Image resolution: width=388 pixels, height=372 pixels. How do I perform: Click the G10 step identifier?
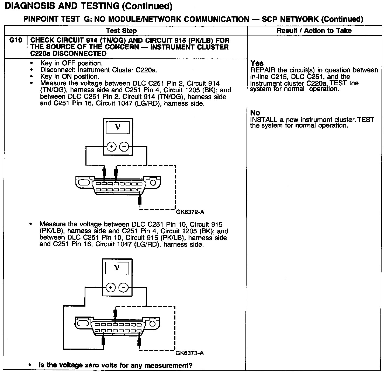click(15, 40)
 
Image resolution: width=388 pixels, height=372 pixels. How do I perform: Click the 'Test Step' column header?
click(121, 31)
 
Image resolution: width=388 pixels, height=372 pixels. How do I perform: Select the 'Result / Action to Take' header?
click(314, 31)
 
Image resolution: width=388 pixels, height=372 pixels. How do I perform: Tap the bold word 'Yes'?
click(257, 63)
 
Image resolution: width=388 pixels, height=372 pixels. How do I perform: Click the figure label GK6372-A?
click(190, 212)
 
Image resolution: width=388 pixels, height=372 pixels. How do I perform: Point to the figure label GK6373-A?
click(189, 353)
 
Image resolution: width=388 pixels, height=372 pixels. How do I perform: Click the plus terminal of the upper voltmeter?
click(112, 147)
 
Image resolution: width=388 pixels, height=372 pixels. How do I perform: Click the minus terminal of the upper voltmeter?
click(124, 147)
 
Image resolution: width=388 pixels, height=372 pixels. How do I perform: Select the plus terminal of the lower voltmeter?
click(110, 287)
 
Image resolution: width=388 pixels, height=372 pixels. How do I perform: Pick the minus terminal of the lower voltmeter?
click(123, 287)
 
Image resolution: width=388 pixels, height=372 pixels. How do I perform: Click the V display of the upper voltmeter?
click(118, 127)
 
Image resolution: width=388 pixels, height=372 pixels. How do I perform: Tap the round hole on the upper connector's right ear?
click(153, 183)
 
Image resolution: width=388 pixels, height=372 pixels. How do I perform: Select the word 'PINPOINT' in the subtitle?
click(40, 19)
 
